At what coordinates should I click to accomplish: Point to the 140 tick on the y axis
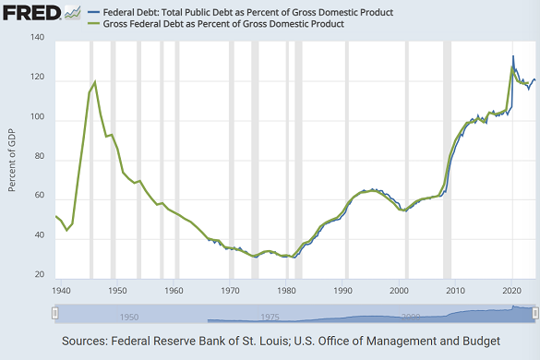(37, 38)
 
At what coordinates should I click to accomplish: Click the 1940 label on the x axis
(62, 290)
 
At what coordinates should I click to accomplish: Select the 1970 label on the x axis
(231, 290)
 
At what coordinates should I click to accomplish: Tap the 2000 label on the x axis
(400, 290)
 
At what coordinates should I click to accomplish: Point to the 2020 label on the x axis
(512, 290)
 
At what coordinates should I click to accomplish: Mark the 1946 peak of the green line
(95, 82)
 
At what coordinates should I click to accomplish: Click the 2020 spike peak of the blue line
(513, 56)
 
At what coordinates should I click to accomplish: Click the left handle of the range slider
(54, 314)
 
